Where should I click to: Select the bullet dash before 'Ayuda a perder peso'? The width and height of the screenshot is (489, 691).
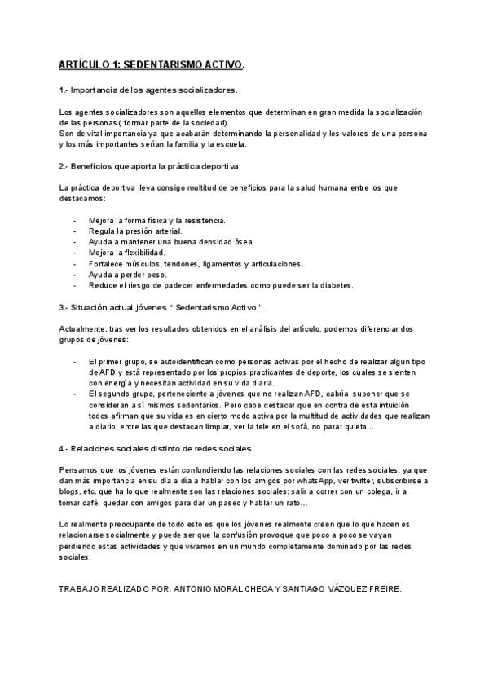pyautogui.click(x=75, y=275)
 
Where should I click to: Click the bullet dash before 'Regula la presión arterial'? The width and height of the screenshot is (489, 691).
pyautogui.click(x=75, y=231)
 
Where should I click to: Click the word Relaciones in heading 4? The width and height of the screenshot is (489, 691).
pyautogui.click(x=95, y=448)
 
